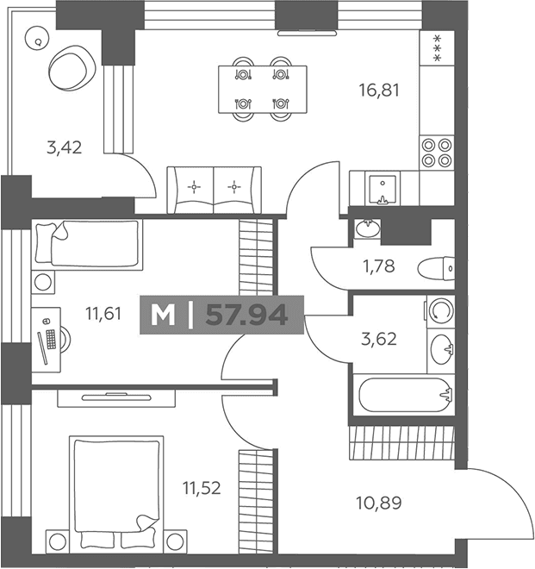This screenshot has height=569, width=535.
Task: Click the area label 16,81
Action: coord(379,91)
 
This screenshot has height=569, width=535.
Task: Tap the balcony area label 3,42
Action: coord(65,147)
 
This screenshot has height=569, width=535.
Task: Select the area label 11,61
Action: coord(103,314)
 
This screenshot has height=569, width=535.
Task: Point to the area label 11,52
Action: coord(202,488)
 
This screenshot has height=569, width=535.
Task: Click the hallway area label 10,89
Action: coord(379,503)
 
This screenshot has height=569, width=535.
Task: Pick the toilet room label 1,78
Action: coord(379,266)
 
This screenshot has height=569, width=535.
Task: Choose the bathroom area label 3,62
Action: coord(379,339)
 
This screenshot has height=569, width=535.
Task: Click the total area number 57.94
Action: coord(246,315)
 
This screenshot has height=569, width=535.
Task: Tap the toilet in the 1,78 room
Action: coord(436,269)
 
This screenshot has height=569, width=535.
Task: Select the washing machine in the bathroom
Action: coord(440,311)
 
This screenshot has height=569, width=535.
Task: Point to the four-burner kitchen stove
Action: coord(437,153)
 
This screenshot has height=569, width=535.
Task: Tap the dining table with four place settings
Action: coord(263,90)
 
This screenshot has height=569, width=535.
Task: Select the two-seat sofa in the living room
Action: coord(214,191)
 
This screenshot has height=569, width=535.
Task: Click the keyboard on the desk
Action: coord(51,340)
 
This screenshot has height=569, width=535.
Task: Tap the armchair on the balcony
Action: coord(72,67)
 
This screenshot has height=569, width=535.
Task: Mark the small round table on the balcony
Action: coord(37,39)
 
